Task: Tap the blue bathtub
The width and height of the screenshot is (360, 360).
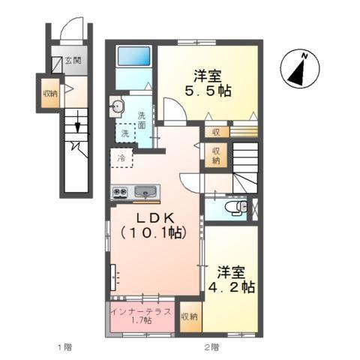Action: [x=136, y=58]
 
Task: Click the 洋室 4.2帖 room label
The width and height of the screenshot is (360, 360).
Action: [x=234, y=278]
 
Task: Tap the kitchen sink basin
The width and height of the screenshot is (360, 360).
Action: [x=146, y=192]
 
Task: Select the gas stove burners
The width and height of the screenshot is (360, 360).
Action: [x=120, y=192]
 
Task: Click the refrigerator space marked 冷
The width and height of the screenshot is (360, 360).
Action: [x=120, y=157]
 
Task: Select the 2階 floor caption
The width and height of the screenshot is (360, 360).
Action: [x=211, y=346]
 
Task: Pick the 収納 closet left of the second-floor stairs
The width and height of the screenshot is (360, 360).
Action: [x=215, y=155]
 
